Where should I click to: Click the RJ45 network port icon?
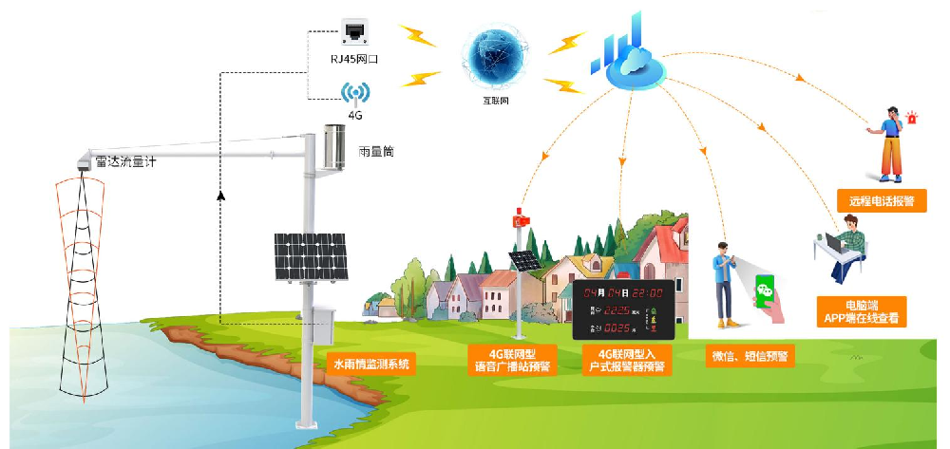[x=354, y=32]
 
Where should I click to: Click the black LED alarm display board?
[x=623, y=310]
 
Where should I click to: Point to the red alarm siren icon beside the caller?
[x=913, y=119]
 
